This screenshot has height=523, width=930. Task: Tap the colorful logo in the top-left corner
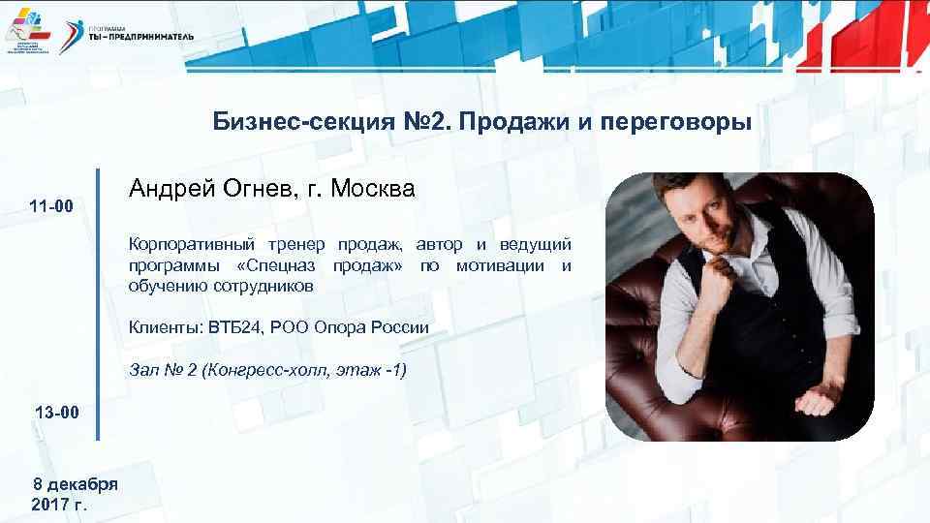(35, 32)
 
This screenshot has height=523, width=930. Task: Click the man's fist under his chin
(722, 282)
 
